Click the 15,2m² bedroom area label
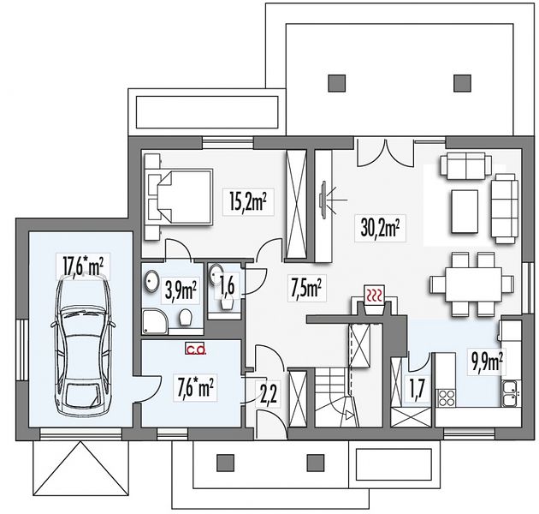(248, 201)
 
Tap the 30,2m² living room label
(380, 228)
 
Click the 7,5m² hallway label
(306, 289)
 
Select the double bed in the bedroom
(178, 196)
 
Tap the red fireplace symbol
(374, 295)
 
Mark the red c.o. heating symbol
(196, 350)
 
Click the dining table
(473, 284)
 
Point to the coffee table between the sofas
(464, 212)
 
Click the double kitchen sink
(511, 393)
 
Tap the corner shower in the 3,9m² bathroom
(156, 322)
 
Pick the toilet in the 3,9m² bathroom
(185, 317)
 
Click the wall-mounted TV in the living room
(323, 200)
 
